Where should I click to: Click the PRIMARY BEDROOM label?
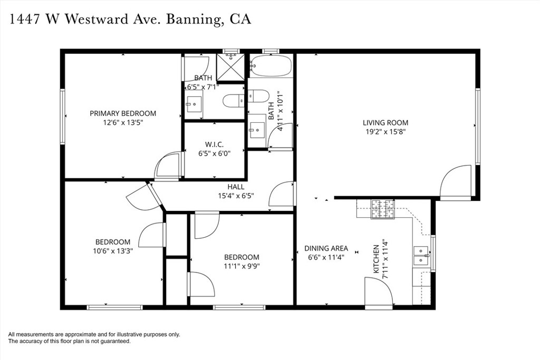click(123, 113)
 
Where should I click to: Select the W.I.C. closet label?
click(215, 144)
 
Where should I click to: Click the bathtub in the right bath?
click(271, 65)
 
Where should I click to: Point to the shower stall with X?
click(230, 66)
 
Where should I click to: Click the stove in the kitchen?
click(382, 209)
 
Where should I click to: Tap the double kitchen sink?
click(421, 255)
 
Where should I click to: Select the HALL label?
click(236, 187)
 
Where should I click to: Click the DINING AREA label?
click(326, 248)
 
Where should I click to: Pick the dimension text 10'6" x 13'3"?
click(112, 251)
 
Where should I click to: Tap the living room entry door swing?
click(454, 181)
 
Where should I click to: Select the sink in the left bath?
click(194, 103)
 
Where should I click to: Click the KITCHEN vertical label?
click(377, 259)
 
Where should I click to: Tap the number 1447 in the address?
click(26, 20)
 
